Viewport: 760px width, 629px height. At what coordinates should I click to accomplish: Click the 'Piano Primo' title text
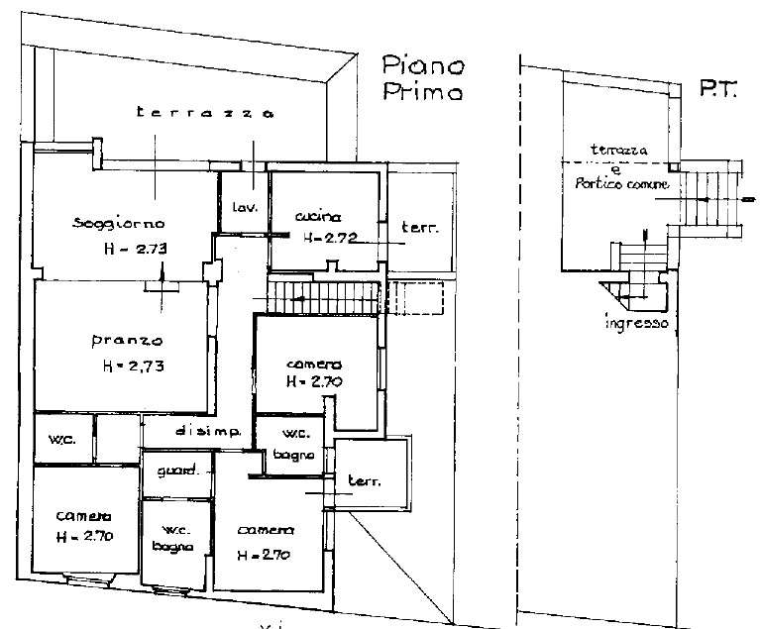pyautogui.click(x=423, y=77)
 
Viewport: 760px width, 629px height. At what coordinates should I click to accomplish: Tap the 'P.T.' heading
pyautogui.click(x=717, y=89)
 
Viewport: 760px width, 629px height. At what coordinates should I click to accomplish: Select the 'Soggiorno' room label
pyautogui.click(x=119, y=224)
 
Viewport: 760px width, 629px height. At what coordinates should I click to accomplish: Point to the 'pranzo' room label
pyautogui.click(x=127, y=340)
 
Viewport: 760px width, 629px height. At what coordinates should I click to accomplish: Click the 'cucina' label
pyautogui.click(x=318, y=216)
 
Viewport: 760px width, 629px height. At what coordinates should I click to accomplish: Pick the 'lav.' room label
pyautogui.click(x=245, y=207)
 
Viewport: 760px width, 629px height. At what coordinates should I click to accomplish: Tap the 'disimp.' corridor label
pyautogui.click(x=208, y=431)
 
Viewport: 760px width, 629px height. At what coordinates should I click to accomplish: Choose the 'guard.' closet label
pyautogui.click(x=177, y=470)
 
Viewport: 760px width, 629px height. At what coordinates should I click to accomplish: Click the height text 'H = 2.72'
pyautogui.click(x=330, y=238)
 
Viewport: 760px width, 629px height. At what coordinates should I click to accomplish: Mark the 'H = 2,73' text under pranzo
pyautogui.click(x=134, y=366)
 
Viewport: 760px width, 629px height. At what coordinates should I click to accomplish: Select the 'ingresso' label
pyautogui.click(x=636, y=323)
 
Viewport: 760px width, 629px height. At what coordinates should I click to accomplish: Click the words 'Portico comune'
pyautogui.click(x=622, y=183)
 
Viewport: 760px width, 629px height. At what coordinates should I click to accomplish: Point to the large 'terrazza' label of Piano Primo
pyautogui.click(x=205, y=112)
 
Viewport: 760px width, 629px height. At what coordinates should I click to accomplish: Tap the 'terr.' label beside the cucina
pyautogui.click(x=420, y=227)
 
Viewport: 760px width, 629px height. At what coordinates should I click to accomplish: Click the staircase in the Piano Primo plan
pyautogui.click(x=322, y=297)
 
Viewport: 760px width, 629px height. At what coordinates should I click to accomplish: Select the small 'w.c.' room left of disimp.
pyautogui.click(x=63, y=438)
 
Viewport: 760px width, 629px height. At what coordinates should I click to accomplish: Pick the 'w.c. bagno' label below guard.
pyautogui.click(x=173, y=539)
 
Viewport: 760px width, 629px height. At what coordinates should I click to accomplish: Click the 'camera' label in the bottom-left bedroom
pyautogui.click(x=83, y=516)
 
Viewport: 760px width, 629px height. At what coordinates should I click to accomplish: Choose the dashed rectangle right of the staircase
pyautogui.click(x=416, y=297)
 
